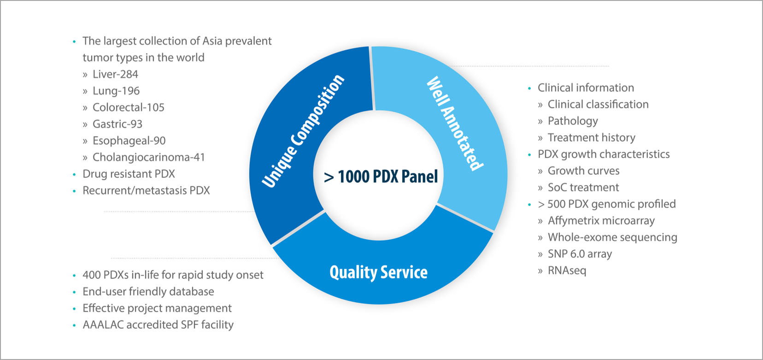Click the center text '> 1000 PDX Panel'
pyautogui.click(x=381, y=176)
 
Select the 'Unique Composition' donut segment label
pyautogui.click(x=303, y=131)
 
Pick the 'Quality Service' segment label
pyautogui.click(x=378, y=272)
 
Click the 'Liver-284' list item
pyautogui.click(x=115, y=74)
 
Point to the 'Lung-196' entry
pyautogui.click(x=116, y=91)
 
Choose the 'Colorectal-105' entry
pyautogui.click(x=129, y=107)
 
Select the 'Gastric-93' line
pyautogui.click(x=117, y=124)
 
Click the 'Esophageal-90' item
pyautogui.click(x=129, y=141)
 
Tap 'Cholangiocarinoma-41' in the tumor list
pyautogui.click(x=148, y=157)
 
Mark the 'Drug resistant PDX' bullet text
pyautogui.click(x=129, y=174)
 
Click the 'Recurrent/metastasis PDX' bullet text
pyautogui.click(x=146, y=190)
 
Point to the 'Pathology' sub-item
pyautogui.click(x=573, y=121)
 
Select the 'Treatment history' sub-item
pyautogui.click(x=591, y=137)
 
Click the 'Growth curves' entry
pyautogui.click(x=583, y=171)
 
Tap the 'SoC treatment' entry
pyautogui.click(x=583, y=187)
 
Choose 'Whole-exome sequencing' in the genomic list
pyautogui.click(x=612, y=237)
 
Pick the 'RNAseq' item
pyautogui.click(x=567, y=270)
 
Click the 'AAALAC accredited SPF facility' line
pyautogui.click(x=158, y=325)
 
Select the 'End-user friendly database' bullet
pyautogui.click(x=148, y=291)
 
